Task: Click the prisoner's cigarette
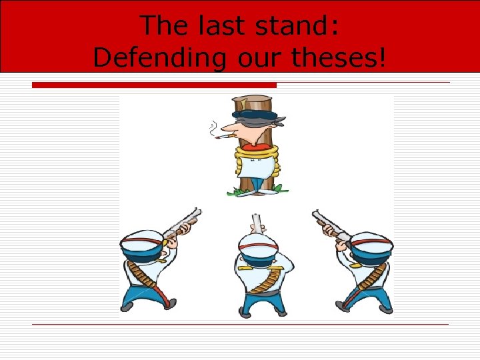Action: click(x=223, y=137)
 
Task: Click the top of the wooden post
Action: click(x=253, y=101)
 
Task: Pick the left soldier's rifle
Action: click(x=179, y=223)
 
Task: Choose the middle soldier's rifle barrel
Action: click(x=256, y=223)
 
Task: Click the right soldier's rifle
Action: click(x=330, y=223)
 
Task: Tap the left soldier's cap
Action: click(x=141, y=240)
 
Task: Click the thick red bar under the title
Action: click(x=154, y=85)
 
